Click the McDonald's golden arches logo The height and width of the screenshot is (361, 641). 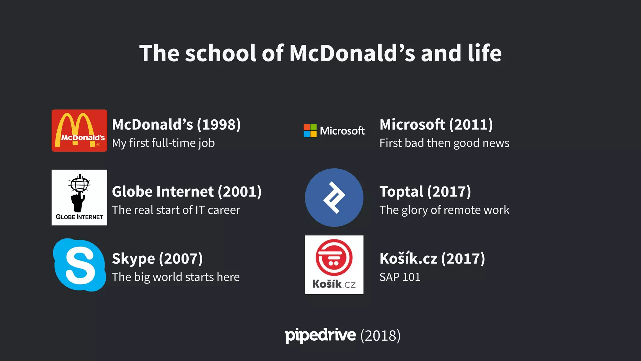pyautogui.click(x=79, y=130)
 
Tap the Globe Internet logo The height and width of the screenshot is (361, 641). pyautogui.click(x=79, y=197)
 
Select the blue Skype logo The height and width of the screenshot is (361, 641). pyautogui.click(x=79, y=265)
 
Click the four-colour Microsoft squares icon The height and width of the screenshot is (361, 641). pyautogui.click(x=310, y=131)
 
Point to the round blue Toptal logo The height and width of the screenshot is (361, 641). pyautogui.click(x=334, y=197)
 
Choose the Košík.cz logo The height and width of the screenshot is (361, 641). pyautogui.click(x=334, y=264)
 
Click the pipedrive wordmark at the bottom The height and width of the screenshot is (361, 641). pyautogui.click(x=320, y=335)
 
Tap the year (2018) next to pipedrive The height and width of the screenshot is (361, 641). pyautogui.click(x=380, y=336)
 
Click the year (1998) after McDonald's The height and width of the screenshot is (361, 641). pyautogui.click(x=219, y=125)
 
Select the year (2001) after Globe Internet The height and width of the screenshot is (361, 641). pyautogui.click(x=240, y=192)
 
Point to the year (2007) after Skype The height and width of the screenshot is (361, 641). pyautogui.click(x=181, y=259)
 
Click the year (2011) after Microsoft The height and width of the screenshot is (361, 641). pyautogui.click(x=471, y=125)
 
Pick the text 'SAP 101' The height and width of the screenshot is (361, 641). pyautogui.click(x=400, y=277)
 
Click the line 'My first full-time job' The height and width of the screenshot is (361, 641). pyautogui.click(x=163, y=143)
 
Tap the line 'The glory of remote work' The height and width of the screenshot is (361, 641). pyautogui.click(x=444, y=210)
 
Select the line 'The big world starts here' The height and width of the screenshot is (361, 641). pyautogui.click(x=176, y=277)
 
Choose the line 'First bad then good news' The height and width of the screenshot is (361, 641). pyautogui.click(x=444, y=143)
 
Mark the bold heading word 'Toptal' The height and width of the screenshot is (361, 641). pyautogui.click(x=401, y=192)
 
